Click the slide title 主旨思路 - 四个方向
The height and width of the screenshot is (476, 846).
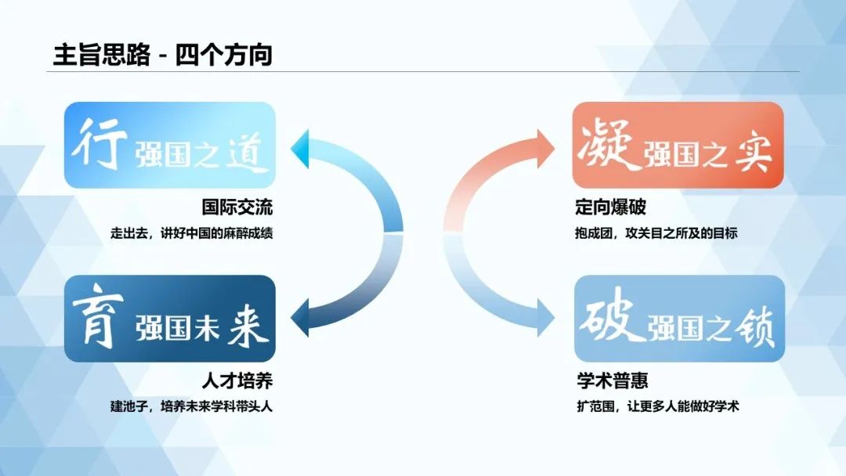pos(162,55)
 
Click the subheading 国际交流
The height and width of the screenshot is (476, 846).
pos(237,207)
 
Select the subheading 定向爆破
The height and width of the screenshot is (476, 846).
pos(610,207)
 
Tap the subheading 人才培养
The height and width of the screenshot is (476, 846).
pos(237,380)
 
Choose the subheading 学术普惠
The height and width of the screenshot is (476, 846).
pos(613,380)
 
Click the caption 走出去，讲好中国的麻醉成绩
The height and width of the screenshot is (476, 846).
pos(192,233)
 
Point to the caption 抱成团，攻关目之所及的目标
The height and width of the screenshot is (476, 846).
pos(656,233)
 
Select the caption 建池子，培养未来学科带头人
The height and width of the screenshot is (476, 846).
pos(192,406)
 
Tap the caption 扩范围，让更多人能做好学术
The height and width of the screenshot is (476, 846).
pos(658,406)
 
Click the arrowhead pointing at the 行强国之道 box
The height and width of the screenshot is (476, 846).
pos(300,148)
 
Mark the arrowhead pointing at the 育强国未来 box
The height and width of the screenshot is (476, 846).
pos(300,318)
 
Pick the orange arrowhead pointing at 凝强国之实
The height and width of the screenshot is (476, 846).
pos(546,148)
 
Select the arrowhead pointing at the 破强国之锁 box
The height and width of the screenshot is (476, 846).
pos(546,318)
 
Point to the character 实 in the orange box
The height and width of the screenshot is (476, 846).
pos(754,153)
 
